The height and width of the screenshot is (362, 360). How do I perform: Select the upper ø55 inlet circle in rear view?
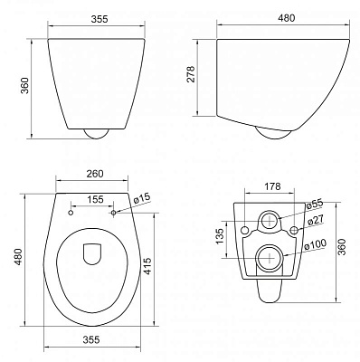(x=269, y=220)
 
